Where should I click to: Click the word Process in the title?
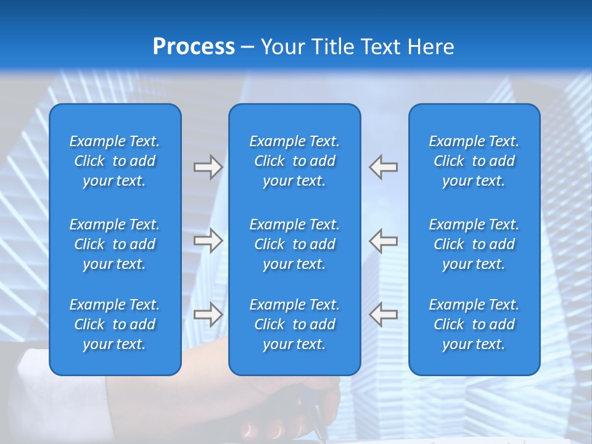pos(194,47)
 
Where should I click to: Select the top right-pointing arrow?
pos(208,167)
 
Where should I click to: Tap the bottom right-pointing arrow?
pos(208,314)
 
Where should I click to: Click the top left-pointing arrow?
pos(384,167)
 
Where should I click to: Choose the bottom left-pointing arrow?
pos(384,314)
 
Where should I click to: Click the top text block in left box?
pos(115,161)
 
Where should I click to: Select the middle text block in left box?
pos(115,244)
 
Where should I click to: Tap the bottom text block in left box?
pos(115,324)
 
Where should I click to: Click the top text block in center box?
pos(294,161)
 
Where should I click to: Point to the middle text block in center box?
pos(294,244)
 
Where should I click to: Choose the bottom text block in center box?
pos(294,324)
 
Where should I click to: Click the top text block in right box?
pos(474,161)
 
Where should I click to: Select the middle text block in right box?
pos(474,244)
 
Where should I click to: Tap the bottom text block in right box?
pos(474,324)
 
